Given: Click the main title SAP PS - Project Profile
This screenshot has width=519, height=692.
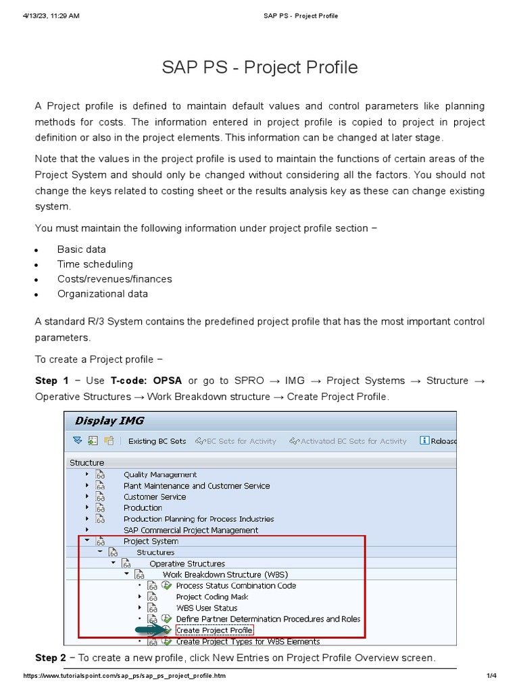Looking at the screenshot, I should (x=259, y=68).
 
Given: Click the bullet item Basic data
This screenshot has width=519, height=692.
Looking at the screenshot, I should (x=81, y=249).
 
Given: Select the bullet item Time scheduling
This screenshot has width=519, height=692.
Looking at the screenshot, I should (x=95, y=264).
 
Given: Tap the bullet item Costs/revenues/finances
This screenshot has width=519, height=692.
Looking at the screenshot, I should (x=114, y=279).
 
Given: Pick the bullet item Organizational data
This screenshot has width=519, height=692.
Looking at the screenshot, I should (x=102, y=294).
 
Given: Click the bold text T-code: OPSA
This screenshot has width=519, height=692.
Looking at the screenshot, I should (x=147, y=380).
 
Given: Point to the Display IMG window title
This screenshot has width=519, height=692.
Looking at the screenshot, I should (x=109, y=420).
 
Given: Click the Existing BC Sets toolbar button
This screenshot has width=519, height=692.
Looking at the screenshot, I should (x=157, y=441).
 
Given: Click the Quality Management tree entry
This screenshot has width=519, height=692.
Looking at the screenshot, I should (x=160, y=474).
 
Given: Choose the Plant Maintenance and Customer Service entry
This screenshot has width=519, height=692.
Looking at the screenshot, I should (x=196, y=486).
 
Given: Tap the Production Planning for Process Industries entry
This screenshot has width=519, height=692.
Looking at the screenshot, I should (x=199, y=519).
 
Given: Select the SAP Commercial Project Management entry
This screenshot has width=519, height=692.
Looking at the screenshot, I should (x=191, y=530).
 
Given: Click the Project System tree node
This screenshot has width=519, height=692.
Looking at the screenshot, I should (x=151, y=541).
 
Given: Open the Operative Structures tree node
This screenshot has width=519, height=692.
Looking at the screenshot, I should (x=187, y=564).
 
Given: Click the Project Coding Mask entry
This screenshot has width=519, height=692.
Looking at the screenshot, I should (x=212, y=597).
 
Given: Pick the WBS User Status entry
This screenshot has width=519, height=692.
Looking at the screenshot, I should (x=206, y=608).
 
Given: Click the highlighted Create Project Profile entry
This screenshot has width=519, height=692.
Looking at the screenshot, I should (x=214, y=630).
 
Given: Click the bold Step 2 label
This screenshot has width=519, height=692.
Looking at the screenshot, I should (x=51, y=658).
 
